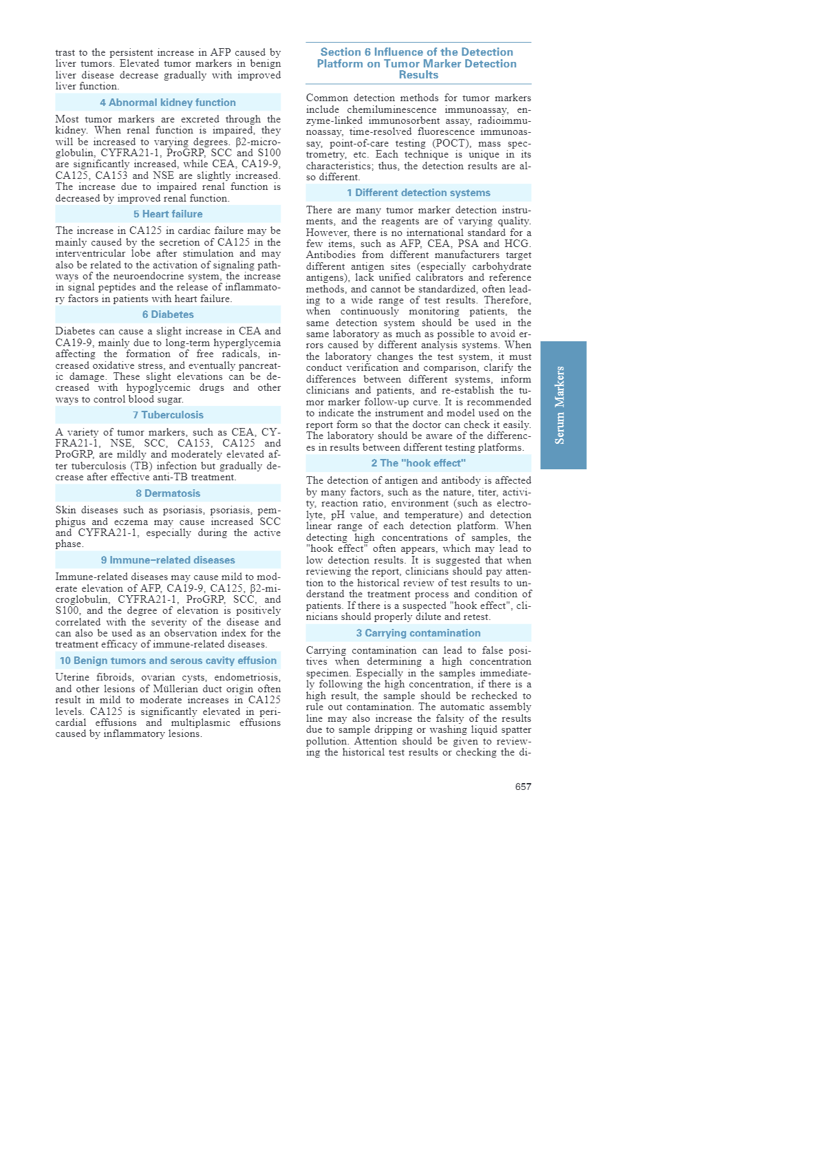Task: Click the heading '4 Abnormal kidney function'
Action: click(168, 103)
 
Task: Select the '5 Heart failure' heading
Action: click(168, 214)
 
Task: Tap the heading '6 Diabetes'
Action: click(168, 314)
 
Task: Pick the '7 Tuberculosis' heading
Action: click(168, 415)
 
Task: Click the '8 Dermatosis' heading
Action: click(168, 493)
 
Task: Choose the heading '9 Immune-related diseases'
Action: click(168, 560)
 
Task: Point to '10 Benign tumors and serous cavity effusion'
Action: click(168, 661)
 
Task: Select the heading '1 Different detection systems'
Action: click(418, 193)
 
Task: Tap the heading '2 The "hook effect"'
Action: click(418, 463)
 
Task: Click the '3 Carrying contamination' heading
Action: click(418, 633)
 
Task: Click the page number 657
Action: click(523, 786)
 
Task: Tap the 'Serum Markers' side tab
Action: click(563, 405)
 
